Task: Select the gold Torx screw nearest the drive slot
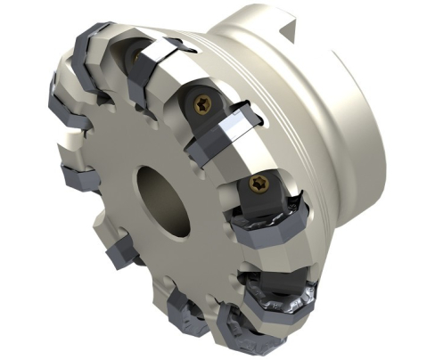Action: pos(201,104)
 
